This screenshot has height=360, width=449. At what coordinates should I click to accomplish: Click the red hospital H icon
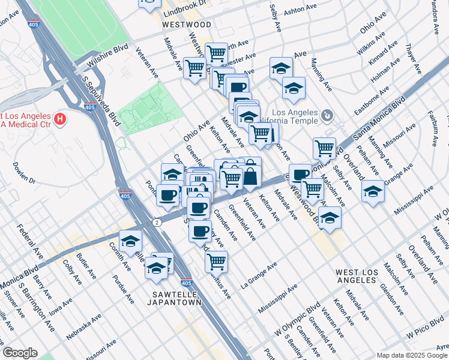coord(59,119)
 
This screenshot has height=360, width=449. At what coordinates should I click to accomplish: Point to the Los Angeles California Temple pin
coord(327,115)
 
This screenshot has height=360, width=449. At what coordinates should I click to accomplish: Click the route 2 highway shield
coord(157,223)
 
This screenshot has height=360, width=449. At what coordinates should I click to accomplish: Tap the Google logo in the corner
coord(20,353)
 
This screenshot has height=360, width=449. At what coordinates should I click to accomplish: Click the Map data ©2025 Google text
coord(412,355)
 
